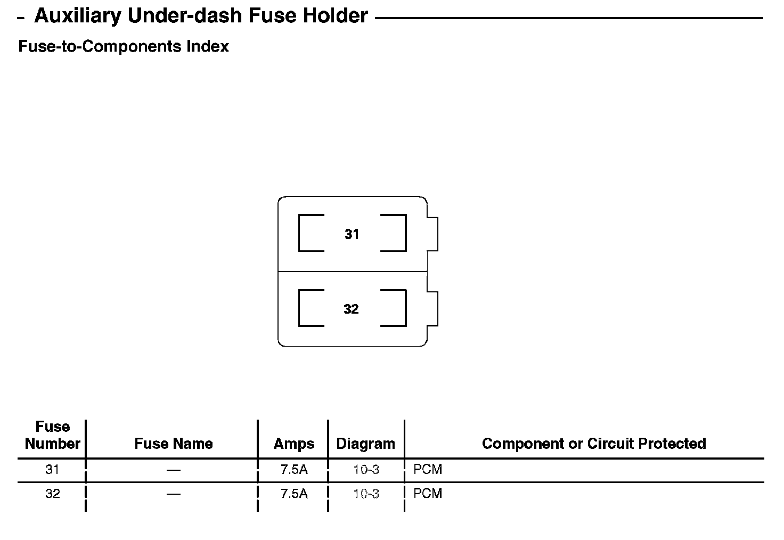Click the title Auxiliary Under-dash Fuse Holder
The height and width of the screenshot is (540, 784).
coord(201,16)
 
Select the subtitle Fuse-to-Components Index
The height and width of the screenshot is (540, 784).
coord(124,46)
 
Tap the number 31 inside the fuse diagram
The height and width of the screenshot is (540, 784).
coord(352,234)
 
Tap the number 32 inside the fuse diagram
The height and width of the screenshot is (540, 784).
coord(351,309)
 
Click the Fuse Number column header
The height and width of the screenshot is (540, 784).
coord(52,435)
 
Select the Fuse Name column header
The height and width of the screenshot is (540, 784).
coord(173,444)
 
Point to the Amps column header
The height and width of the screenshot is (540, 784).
coord(293,444)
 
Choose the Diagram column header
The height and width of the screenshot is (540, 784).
coord(365,444)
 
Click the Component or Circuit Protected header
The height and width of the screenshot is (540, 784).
coord(593,444)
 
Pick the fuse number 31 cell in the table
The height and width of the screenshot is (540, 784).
coord(52,470)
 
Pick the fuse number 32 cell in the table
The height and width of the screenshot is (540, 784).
coord(52,494)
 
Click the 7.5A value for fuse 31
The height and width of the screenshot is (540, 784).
coord(294,470)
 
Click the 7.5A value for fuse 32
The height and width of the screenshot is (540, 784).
coord(294,494)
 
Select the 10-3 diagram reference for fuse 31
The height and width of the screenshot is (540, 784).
coord(366,470)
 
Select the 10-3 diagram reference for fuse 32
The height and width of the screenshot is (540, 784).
coord(366,494)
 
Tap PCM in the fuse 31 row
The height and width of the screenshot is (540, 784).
coord(428,470)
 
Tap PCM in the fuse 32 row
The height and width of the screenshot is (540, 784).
coord(428,494)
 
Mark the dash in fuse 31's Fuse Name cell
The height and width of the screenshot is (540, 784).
coord(173,470)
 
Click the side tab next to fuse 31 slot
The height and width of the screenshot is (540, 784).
coord(432,233)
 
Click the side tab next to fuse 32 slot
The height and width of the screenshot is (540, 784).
coord(432,308)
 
